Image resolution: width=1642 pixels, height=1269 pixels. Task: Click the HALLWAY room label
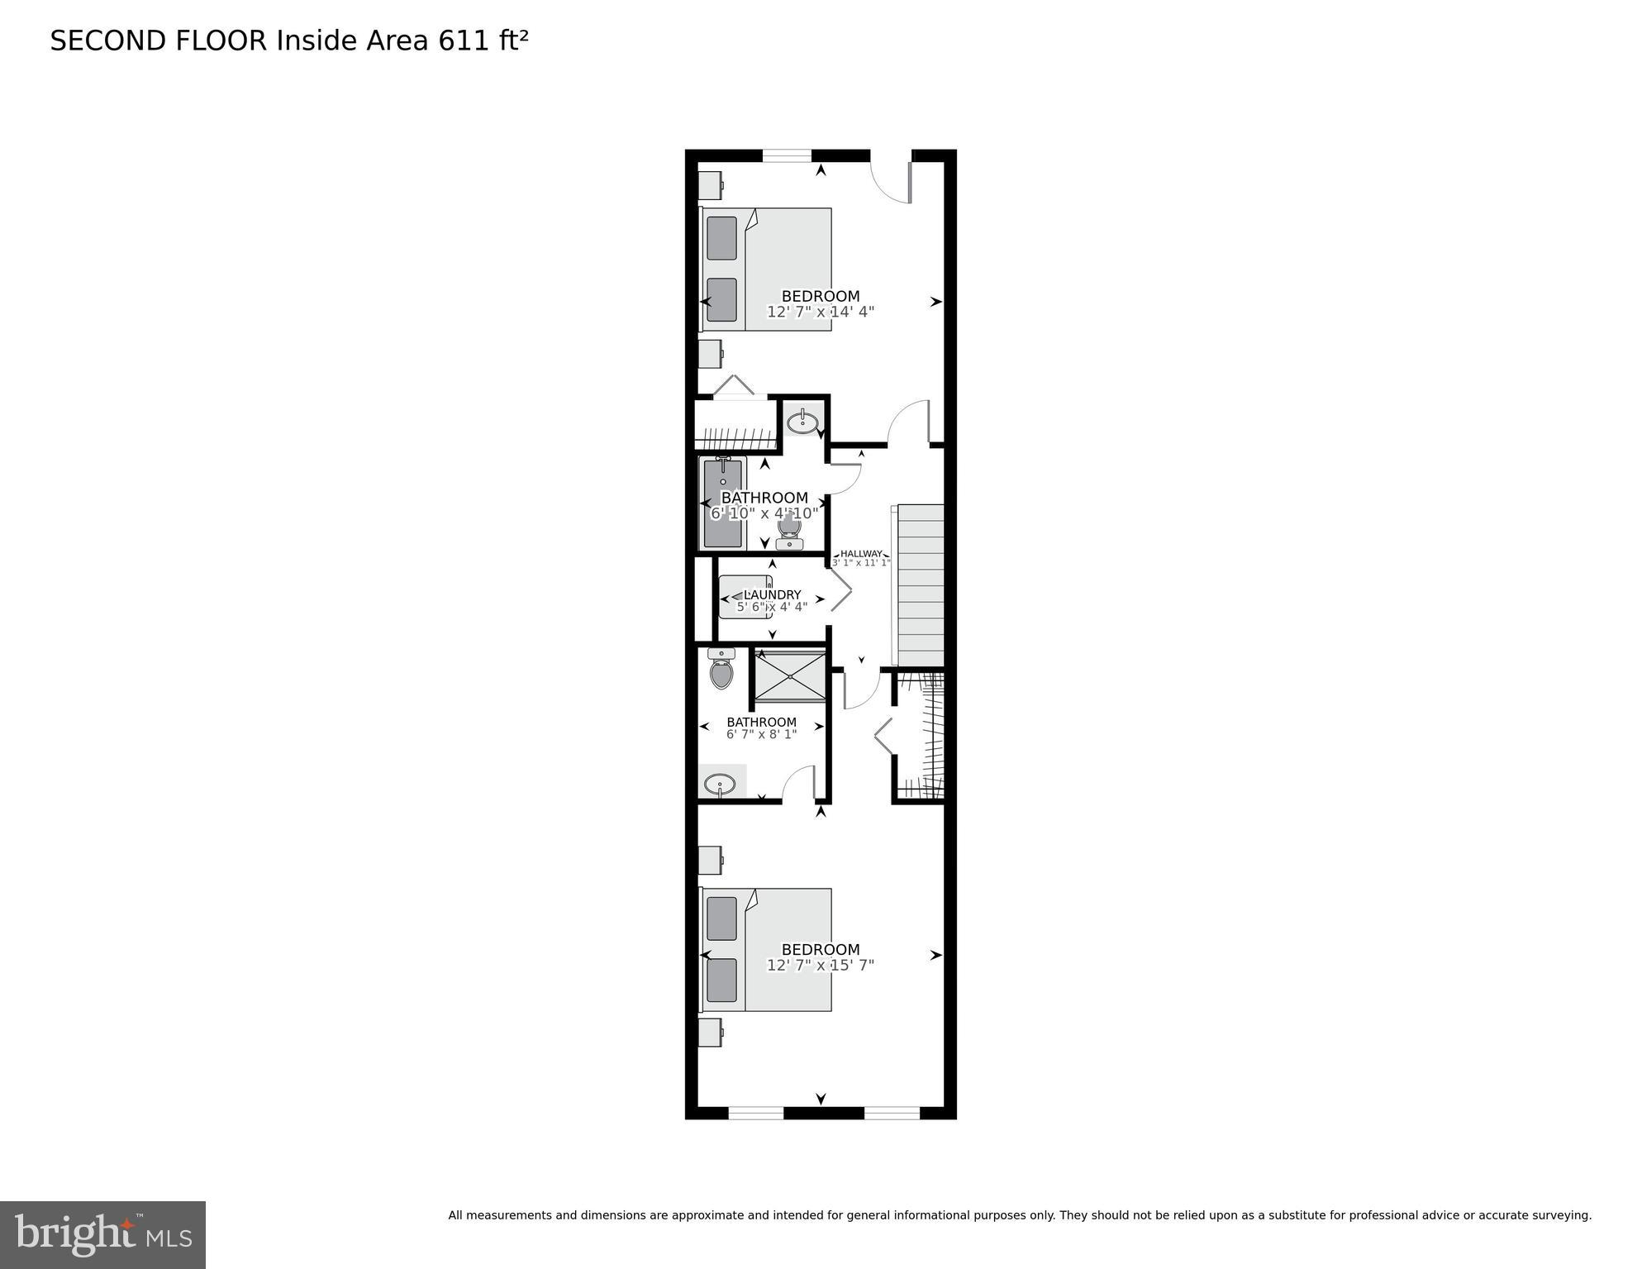point(861,554)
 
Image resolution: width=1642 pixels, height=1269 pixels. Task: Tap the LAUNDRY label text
point(772,594)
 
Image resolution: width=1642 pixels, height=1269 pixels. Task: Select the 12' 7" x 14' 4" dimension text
point(820,312)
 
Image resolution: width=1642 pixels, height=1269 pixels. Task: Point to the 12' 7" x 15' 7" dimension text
point(820,965)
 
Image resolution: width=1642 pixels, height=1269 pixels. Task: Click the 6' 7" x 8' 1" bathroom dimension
point(761,734)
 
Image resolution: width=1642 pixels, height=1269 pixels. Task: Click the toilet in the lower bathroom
point(721,671)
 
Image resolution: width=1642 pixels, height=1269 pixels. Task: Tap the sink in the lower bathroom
point(720,784)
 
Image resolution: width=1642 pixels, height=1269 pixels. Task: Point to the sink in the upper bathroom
point(802,423)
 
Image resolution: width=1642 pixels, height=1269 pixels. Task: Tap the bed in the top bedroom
point(767,270)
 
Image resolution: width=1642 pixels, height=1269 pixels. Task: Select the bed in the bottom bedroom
point(767,950)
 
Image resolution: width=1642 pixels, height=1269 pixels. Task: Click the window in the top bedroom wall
point(787,155)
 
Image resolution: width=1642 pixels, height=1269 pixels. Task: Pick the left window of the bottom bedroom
point(755,1113)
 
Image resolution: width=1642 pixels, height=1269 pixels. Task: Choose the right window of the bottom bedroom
point(892,1113)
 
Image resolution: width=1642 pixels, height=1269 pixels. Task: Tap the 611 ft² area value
point(483,41)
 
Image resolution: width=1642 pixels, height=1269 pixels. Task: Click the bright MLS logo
point(102,1235)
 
